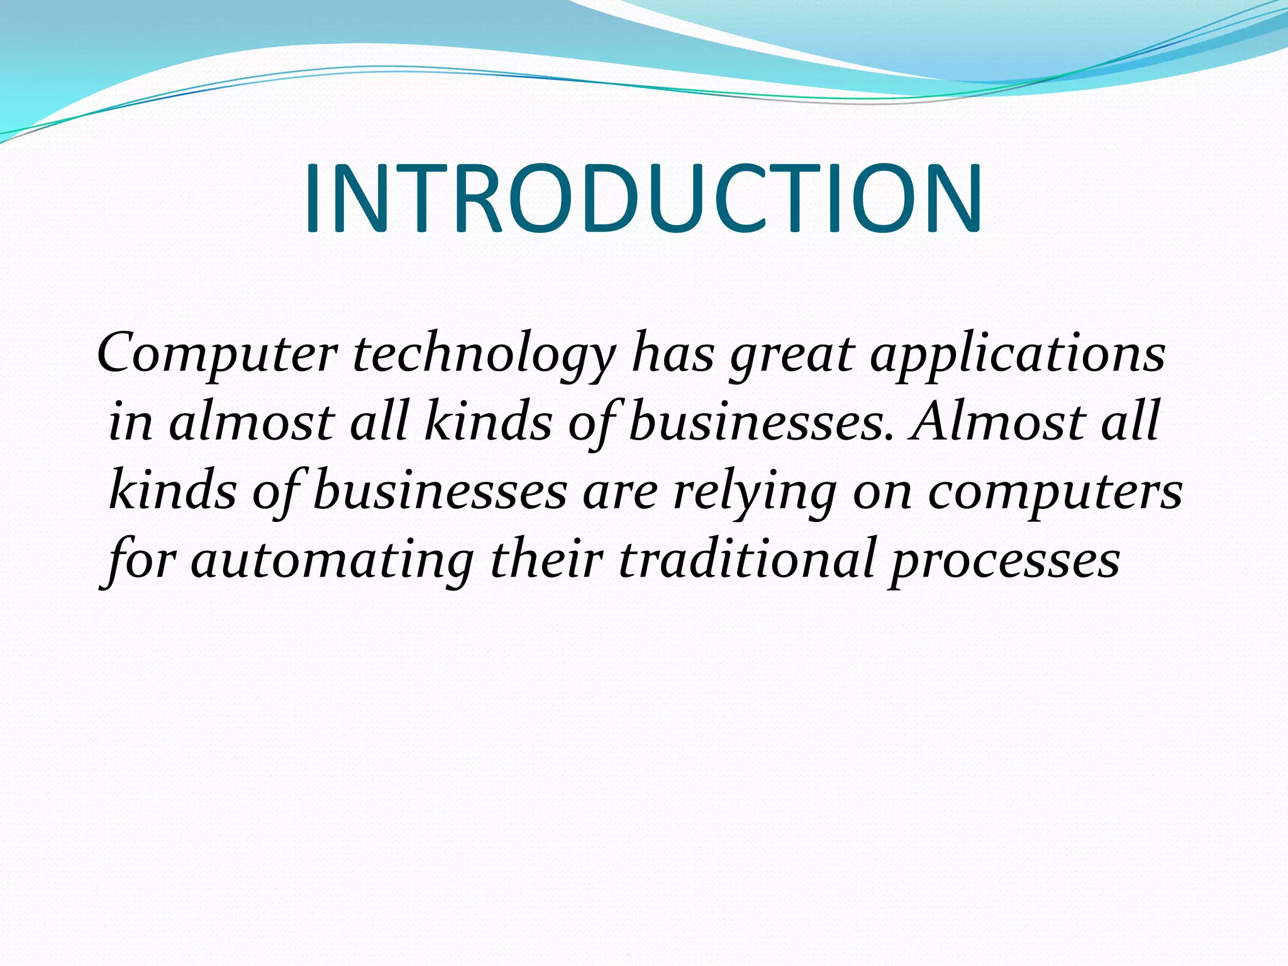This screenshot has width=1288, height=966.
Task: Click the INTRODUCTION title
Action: point(643,199)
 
